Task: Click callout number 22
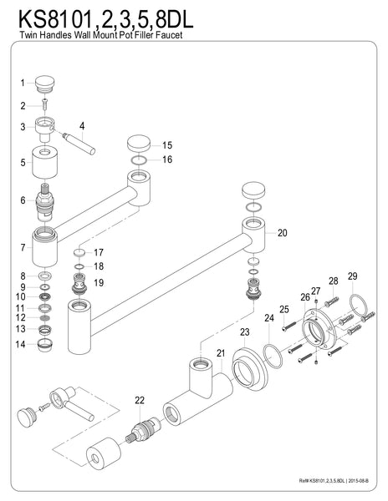coord(140,400)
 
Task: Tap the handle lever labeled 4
coord(79,144)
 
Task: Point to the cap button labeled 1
coord(45,84)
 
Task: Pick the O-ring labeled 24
coord(273,356)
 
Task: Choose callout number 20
coord(282,233)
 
